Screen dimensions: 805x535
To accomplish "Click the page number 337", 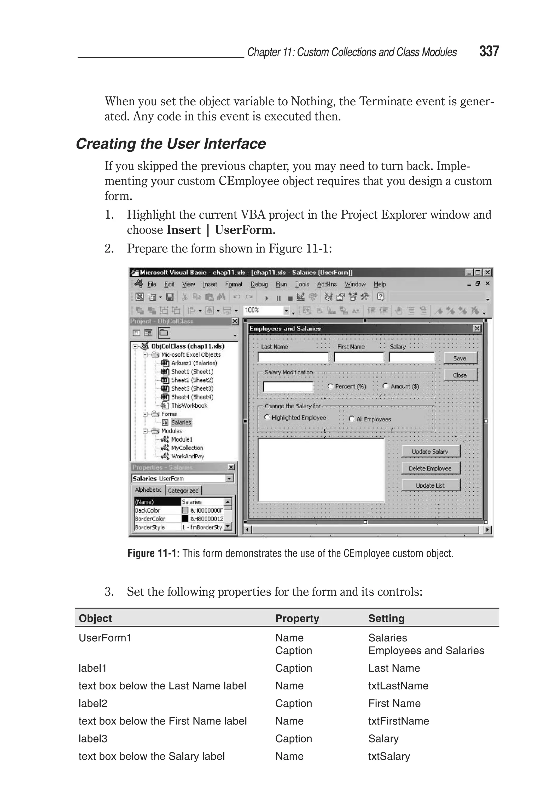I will (489, 51).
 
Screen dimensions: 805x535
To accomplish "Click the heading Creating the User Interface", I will (171, 144).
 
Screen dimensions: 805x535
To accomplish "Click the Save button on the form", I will (460, 358).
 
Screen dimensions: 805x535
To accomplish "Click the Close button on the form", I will (460, 375).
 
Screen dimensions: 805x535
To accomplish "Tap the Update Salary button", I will (430, 451).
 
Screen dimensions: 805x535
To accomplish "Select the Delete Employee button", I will (430, 469).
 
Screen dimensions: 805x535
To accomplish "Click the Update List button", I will (430, 485).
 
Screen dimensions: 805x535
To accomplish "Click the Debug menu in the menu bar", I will (259, 284).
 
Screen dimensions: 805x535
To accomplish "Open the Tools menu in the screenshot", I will (302, 284).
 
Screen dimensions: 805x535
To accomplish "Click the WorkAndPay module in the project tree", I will (187, 456).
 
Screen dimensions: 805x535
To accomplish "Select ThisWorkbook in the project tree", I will (189, 405).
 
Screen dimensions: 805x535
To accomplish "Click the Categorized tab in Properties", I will (183, 490).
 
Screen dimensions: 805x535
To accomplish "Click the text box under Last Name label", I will (293, 357).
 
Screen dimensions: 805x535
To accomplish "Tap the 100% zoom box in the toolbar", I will (263, 310).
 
